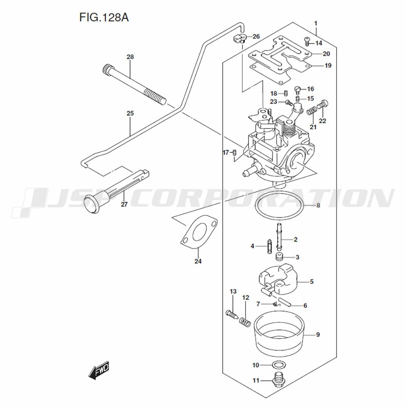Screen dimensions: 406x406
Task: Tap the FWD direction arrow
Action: tap(99, 370)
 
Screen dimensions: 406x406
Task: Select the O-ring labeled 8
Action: tap(280, 205)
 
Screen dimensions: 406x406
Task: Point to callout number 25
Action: tap(130, 113)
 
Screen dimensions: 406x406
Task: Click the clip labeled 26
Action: tap(240, 39)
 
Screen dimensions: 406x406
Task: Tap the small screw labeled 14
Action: tap(307, 40)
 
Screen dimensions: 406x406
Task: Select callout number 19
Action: tap(327, 65)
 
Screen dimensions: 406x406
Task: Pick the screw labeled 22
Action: tap(324, 104)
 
